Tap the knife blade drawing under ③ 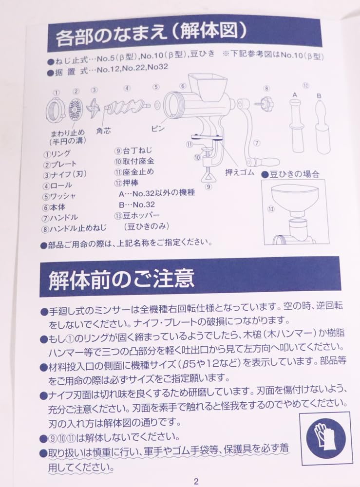click(x=94, y=110)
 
